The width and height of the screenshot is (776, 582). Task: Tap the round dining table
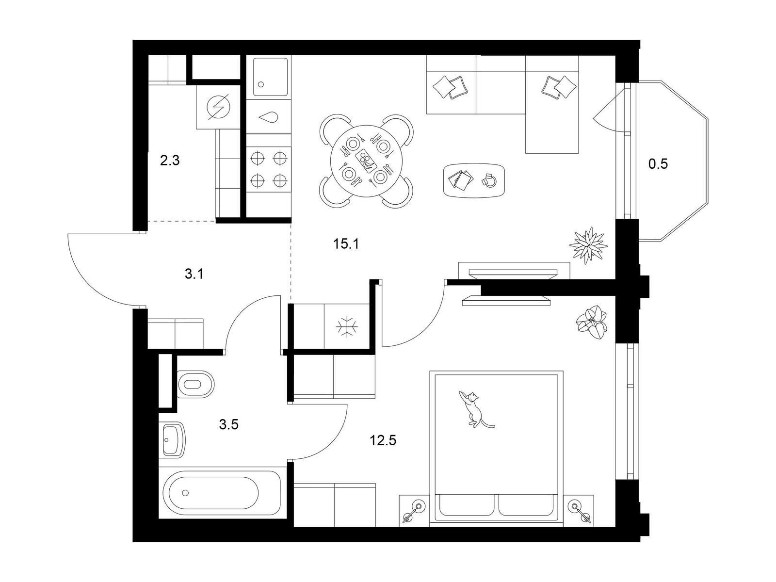366,161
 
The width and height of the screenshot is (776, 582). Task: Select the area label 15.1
346,244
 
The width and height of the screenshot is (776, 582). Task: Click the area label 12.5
383,440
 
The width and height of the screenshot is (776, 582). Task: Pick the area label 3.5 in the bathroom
229,424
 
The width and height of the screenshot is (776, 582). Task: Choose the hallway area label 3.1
194,274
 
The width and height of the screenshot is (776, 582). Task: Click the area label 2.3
170,161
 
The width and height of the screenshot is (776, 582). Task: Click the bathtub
222,493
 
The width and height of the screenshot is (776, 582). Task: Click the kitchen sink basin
271,77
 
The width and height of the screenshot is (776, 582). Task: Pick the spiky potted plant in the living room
588,245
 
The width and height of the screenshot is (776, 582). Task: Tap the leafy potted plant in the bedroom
592,323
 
